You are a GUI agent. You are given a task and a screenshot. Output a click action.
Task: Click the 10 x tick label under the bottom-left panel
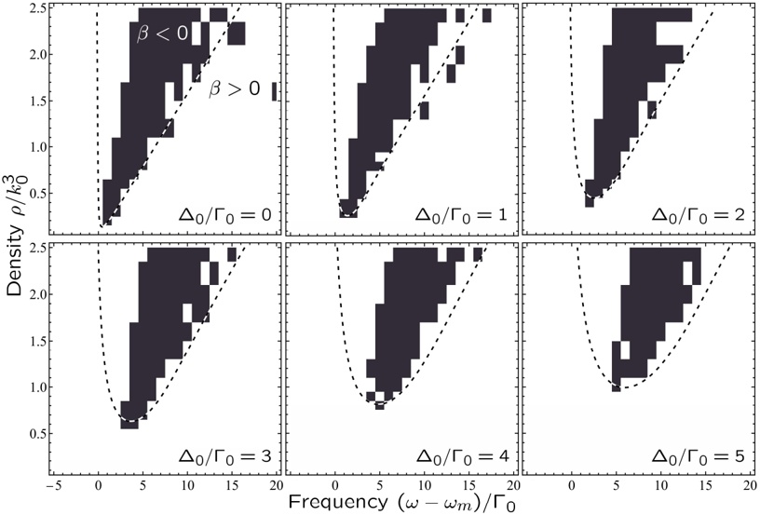[187, 486]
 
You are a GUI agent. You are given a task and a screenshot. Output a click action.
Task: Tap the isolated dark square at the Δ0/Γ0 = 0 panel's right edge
[275, 91]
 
